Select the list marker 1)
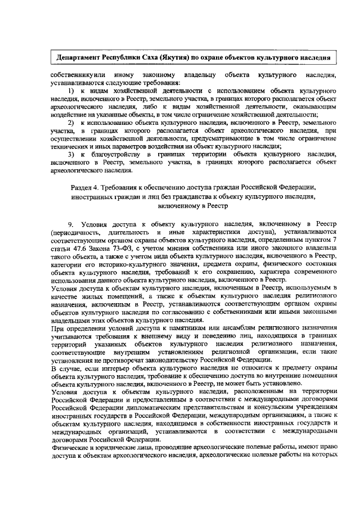click(71, 90)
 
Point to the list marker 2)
click(71, 121)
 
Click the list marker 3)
click(71, 154)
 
